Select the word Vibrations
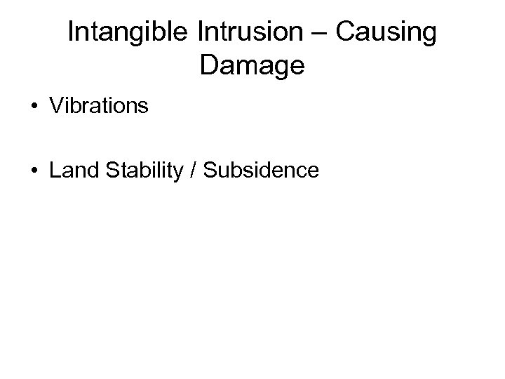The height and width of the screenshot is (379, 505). coord(99,106)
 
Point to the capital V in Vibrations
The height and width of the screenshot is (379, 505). coord(56,106)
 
